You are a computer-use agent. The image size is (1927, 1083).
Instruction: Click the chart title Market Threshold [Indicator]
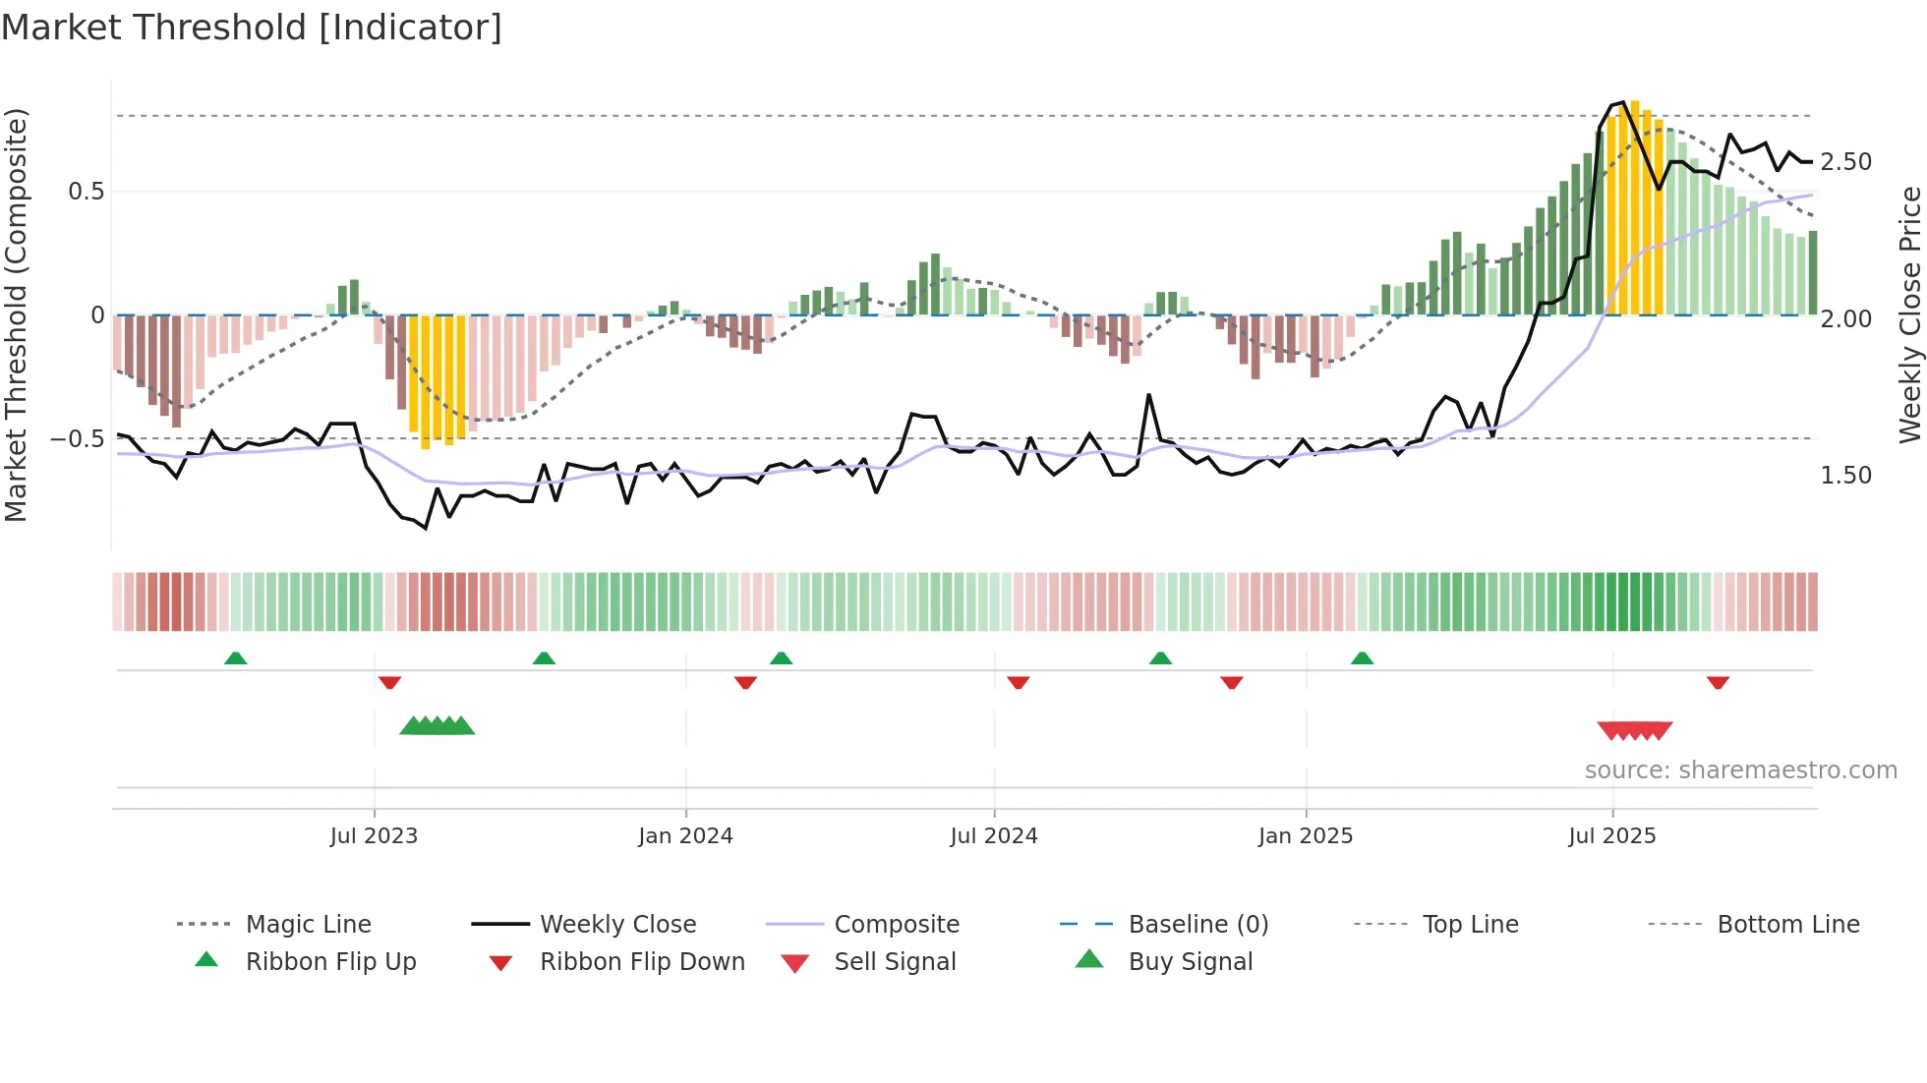click(252, 28)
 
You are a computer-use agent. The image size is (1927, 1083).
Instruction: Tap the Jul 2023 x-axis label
click(374, 836)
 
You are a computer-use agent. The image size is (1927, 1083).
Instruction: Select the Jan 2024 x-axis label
click(685, 836)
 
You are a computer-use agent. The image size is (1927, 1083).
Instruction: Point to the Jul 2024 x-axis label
click(994, 836)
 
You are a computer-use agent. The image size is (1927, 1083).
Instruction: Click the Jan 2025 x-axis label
click(1306, 836)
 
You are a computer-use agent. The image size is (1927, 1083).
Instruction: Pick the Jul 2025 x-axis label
click(1612, 836)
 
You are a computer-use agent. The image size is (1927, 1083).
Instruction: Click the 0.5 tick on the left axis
click(86, 192)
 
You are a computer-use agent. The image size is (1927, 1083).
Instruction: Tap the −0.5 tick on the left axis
click(77, 438)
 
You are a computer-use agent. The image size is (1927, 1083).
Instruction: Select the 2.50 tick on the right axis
click(1846, 162)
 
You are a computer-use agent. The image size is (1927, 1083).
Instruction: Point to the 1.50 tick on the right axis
click(1846, 476)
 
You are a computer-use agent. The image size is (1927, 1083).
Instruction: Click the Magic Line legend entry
click(308, 925)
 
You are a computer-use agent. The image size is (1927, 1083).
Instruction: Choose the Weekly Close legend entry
click(617, 925)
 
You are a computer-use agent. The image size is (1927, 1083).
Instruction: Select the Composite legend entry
click(896, 925)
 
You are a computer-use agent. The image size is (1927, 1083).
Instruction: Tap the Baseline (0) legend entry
click(1197, 925)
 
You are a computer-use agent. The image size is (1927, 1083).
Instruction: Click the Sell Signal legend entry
click(894, 962)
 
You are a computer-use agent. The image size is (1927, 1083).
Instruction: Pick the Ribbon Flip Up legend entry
click(330, 962)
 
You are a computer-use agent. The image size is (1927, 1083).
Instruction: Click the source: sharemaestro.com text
click(1740, 770)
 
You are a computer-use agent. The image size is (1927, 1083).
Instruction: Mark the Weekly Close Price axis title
click(1909, 314)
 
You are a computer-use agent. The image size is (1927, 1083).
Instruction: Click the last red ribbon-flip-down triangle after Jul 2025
click(1718, 682)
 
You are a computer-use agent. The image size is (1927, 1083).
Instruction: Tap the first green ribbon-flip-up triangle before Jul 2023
click(235, 658)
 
